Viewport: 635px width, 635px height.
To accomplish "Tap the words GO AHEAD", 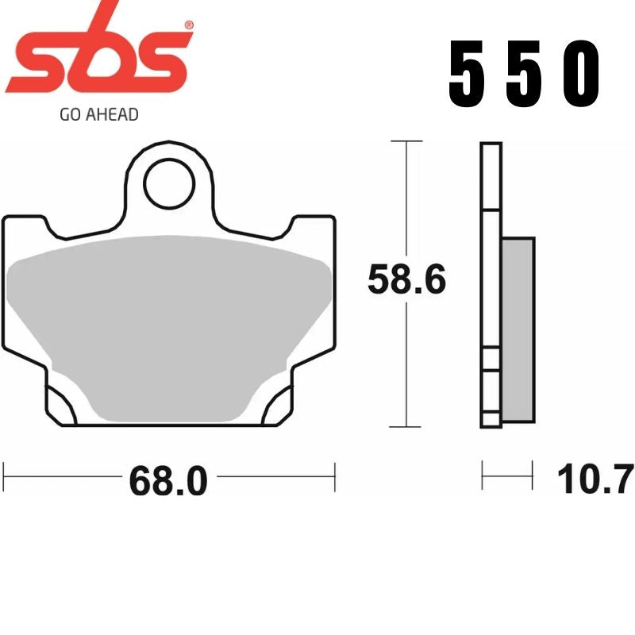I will [99, 114].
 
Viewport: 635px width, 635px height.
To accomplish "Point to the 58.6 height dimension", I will [406, 281].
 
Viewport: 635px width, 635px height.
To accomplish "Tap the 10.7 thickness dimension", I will [595, 479].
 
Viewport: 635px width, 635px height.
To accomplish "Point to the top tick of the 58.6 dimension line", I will [406, 142].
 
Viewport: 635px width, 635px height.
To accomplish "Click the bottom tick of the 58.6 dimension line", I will [406, 426].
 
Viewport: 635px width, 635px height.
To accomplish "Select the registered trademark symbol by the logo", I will [188, 24].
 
